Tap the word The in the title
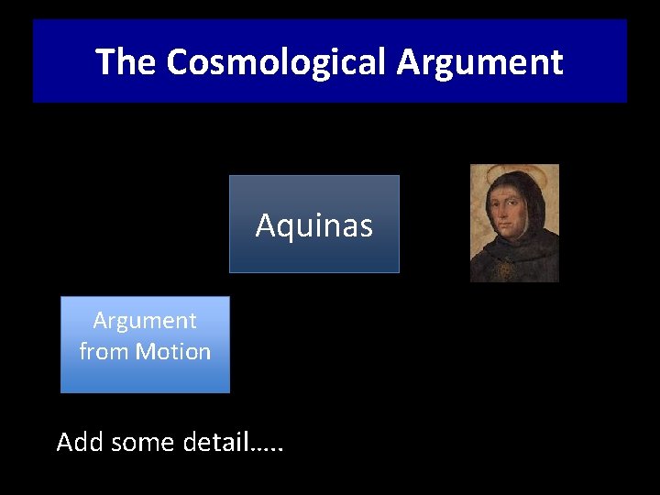click(126, 62)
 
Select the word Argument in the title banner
click(479, 62)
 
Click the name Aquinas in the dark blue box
click(314, 225)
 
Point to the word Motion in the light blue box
click(173, 351)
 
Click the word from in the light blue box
click(104, 351)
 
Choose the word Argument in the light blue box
click(145, 321)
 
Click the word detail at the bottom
click(216, 442)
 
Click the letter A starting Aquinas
click(265, 225)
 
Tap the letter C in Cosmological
click(180, 62)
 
